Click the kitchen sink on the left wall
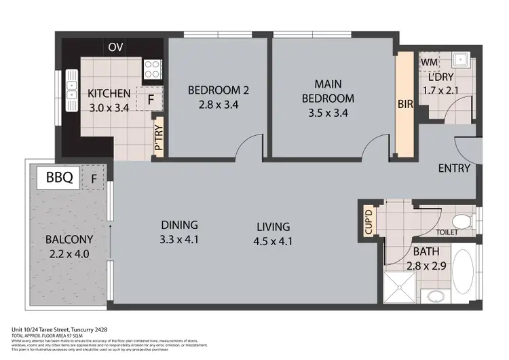coord(71,90)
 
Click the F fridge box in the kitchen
coord(150,99)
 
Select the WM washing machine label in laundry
coord(428,62)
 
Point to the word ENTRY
coord(454,168)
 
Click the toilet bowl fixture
coord(461,221)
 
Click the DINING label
coord(179,225)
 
